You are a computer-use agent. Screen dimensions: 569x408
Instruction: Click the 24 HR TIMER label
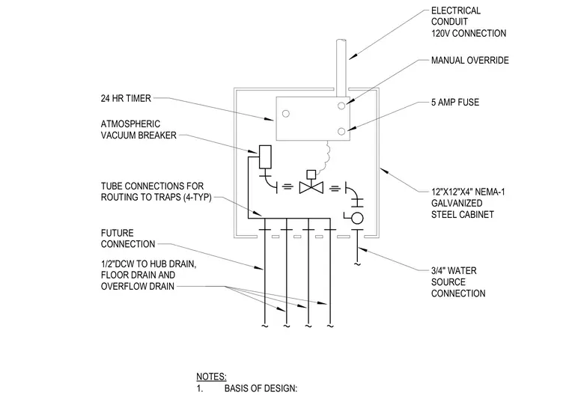click(126, 98)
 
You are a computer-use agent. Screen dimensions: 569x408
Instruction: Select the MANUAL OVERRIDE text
click(470, 60)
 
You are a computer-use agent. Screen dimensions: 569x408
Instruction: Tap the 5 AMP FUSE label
click(455, 103)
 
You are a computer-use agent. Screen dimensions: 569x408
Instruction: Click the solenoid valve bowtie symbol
click(311, 188)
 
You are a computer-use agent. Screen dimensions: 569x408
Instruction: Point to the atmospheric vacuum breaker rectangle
click(265, 156)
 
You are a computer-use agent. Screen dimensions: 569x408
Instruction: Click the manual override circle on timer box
click(341, 106)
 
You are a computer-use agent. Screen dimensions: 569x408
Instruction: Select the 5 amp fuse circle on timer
click(341, 132)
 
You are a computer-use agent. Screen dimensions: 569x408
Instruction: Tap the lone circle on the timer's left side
click(285, 114)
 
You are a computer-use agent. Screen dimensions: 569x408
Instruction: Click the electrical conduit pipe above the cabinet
click(341, 68)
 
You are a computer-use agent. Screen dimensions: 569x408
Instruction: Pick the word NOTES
click(211, 377)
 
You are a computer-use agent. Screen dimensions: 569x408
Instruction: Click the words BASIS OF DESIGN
click(261, 389)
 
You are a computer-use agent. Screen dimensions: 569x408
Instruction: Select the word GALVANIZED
click(457, 204)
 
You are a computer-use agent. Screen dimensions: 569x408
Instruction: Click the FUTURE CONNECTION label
click(128, 239)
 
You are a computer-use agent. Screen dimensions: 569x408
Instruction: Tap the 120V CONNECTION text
click(469, 34)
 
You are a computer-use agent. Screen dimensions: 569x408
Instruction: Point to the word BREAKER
click(158, 136)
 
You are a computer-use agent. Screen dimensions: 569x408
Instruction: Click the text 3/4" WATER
click(454, 271)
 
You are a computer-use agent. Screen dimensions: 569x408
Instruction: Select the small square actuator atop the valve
click(311, 174)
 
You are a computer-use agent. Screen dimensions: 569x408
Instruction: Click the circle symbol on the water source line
click(357, 218)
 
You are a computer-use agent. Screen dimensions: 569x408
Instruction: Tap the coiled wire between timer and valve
click(326, 156)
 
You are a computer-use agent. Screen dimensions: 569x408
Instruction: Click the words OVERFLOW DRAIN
click(138, 287)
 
